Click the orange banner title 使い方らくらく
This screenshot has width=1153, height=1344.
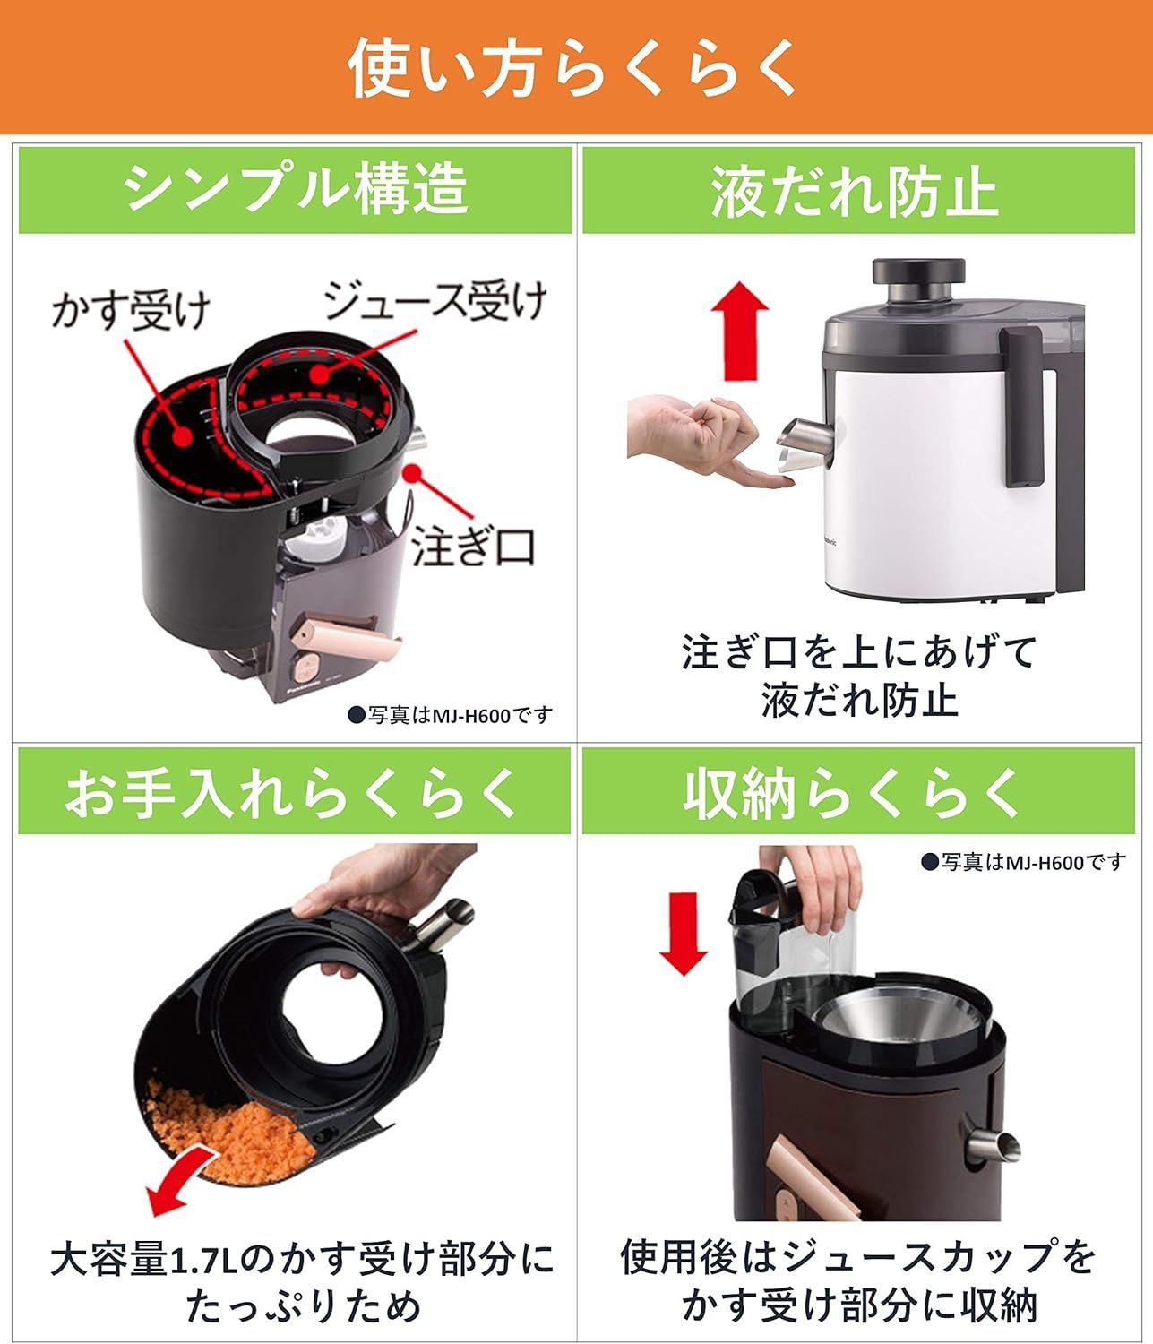573,68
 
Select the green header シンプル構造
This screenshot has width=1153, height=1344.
296,189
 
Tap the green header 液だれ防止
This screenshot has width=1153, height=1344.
856,189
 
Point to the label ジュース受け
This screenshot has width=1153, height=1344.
434,302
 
